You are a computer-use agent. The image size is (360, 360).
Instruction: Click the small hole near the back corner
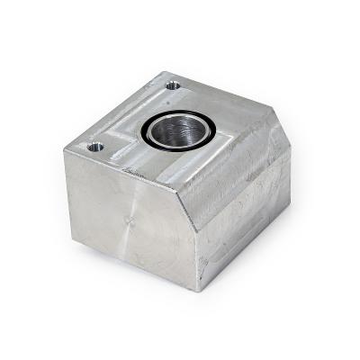(x=172, y=86)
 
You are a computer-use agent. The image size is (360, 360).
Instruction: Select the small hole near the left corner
(x=94, y=146)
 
